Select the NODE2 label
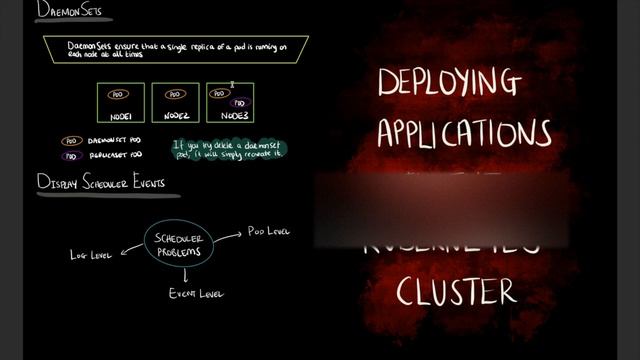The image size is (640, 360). click(176, 117)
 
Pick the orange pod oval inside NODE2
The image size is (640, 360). click(174, 94)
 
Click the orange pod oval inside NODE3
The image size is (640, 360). click(221, 93)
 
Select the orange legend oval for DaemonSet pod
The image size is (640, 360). click(71, 141)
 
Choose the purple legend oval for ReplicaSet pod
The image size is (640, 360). click(71, 155)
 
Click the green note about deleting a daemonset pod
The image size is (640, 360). click(229, 148)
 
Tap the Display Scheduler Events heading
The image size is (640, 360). click(101, 183)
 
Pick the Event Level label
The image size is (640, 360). click(196, 294)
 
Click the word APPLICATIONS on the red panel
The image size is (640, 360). click(463, 133)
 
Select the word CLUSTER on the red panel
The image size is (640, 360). click(456, 291)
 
